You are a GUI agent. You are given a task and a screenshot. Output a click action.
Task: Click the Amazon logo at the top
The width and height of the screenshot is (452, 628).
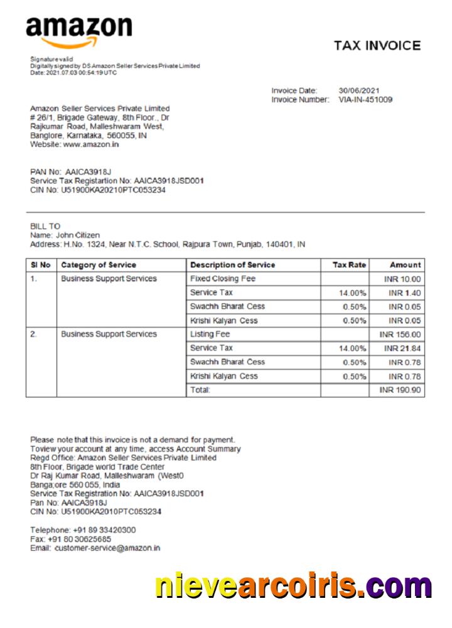pos(78,31)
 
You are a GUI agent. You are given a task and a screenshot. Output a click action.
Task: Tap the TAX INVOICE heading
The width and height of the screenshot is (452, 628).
pos(377,46)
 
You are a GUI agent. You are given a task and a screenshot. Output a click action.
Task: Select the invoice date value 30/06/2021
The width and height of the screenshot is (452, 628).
pos(359,90)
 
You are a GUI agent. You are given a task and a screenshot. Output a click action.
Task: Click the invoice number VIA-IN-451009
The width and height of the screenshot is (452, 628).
pos(365,99)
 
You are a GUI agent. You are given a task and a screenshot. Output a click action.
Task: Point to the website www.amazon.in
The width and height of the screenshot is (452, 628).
pos(91,144)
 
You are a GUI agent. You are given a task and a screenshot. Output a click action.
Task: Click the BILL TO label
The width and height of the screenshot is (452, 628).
pos(45,226)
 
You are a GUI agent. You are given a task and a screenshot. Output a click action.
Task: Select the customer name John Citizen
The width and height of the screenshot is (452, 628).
pos(78,235)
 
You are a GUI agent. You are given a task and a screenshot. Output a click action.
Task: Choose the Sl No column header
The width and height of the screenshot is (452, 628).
pos(41,265)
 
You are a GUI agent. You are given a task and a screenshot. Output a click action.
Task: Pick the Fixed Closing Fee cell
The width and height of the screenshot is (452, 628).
pos(223,279)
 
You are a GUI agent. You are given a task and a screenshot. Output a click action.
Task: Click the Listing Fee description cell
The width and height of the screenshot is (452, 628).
pos(210,334)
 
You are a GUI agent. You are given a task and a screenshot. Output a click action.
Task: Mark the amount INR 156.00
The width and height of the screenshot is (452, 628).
pos(400,335)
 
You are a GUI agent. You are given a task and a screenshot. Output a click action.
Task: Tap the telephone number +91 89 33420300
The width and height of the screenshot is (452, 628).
pos(104,530)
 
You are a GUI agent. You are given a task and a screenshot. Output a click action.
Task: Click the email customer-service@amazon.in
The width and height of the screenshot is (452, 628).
pos(107,548)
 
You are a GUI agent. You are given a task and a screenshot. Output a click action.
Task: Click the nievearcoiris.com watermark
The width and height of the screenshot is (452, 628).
pos(293,586)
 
